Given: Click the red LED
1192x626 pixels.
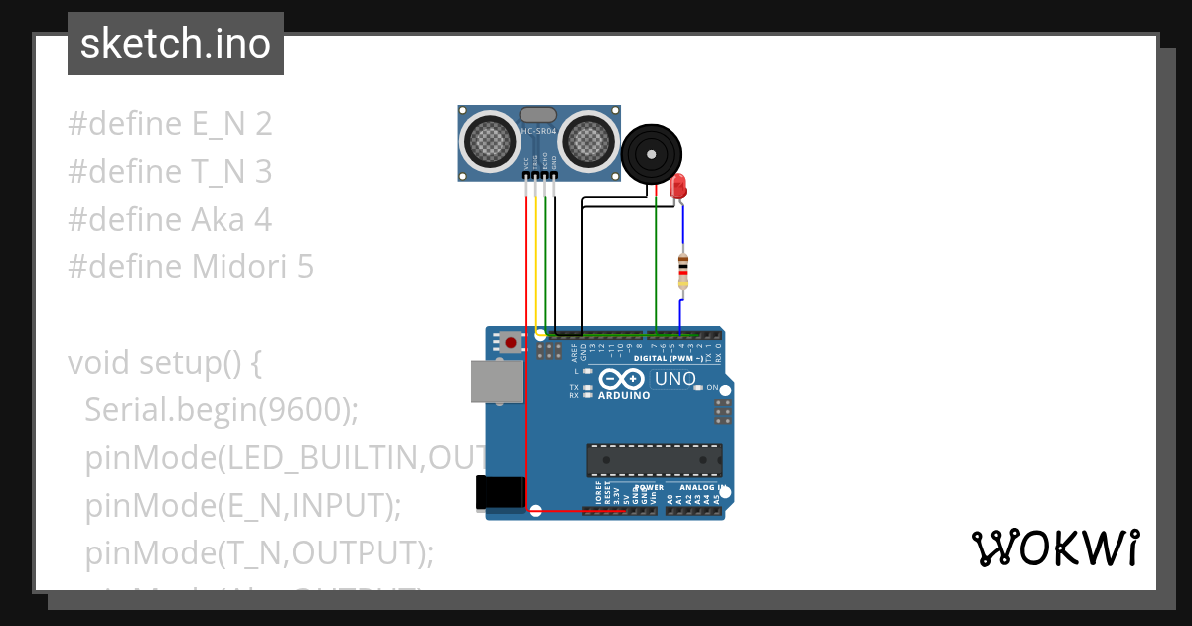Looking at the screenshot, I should pyautogui.click(x=679, y=185).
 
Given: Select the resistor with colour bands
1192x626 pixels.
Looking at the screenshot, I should pyautogui.click(x=682, y=271).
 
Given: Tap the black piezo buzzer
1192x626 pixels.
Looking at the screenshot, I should pyautogui.click(x=651, y=154).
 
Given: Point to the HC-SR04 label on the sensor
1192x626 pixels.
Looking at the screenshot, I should pyautogui.click(x=539, y=131).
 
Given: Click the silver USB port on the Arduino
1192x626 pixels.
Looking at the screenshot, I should pyautogui.click(x=497, y=381).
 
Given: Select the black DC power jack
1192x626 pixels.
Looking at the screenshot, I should pyautogui.click(x=500, y=493).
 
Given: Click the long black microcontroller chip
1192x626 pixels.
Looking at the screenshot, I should pyautogui.click(x=654, y=460).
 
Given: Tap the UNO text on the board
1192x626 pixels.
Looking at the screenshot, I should pyautogui.click(x=675, y=379).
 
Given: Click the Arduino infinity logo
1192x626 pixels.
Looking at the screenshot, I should pyautogui.click(x=624, y=379).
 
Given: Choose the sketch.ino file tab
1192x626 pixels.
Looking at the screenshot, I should pyautogui.click(x=176, y=44).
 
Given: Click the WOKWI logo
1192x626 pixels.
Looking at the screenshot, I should pyautogui.click(x=1055, y=548).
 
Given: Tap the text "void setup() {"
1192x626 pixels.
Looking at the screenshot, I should pyautogui.click(x=165, y=362).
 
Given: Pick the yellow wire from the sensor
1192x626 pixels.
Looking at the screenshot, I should pyautogui.click(x=536, y=258).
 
